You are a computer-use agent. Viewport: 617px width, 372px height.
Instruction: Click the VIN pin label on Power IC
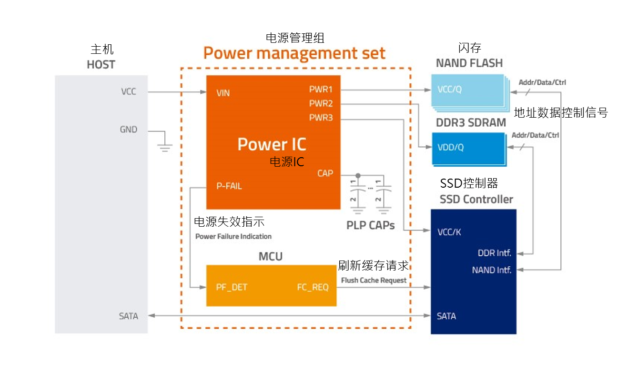(223, 93)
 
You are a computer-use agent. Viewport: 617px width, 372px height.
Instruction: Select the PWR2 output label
(321, 103)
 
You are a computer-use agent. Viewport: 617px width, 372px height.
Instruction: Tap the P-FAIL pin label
(229, 186)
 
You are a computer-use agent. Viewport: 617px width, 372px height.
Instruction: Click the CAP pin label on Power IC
(325, 173)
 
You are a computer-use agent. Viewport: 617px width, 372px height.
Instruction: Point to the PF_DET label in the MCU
(232, 288)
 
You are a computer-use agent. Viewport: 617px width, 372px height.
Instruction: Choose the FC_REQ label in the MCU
(313, 288)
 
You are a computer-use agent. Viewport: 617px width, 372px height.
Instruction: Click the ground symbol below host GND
(165, 148)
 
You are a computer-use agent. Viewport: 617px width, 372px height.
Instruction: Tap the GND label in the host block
(129, 130)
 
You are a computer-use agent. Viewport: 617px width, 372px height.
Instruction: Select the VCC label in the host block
(129, 91)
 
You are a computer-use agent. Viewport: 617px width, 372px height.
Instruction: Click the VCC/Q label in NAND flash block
(450, 89)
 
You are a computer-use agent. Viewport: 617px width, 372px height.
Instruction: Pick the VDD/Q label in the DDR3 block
(451, 147)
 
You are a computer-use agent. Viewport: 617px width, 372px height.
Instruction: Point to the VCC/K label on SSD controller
(449, 232)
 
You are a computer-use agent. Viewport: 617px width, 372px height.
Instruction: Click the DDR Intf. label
(495, 253)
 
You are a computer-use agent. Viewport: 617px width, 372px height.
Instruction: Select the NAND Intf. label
(492, 270)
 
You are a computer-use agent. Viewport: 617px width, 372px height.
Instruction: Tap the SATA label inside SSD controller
(446, 316)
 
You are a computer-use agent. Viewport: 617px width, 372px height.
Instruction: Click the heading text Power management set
(294, 53)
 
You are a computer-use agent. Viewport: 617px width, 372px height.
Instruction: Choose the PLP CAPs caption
(371, 225)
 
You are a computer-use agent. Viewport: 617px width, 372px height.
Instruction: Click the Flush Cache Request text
(374, 280)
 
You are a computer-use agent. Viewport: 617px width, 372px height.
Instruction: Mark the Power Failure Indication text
(233, 236)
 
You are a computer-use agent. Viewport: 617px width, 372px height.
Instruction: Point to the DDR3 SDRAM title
(471, 122)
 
